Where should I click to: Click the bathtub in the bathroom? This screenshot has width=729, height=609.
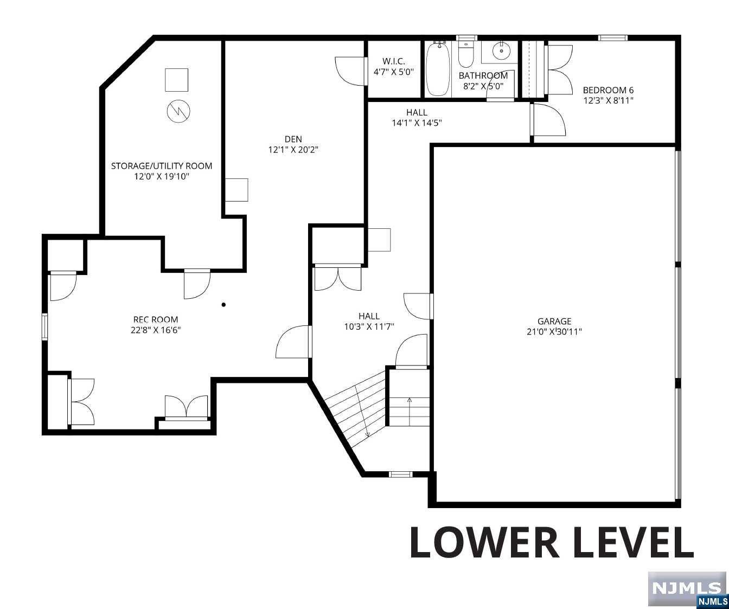(438, 69)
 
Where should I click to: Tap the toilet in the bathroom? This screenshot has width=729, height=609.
(466, 55)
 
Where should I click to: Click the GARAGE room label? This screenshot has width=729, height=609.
(554, 321)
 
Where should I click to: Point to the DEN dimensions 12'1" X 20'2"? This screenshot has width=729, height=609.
(293, 150)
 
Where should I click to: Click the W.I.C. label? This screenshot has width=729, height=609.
(394, 61)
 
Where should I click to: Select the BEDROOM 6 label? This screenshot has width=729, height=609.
(608, 90)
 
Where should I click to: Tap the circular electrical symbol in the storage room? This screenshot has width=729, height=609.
(178, 111)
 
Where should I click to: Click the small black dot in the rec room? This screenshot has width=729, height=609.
(223, 305)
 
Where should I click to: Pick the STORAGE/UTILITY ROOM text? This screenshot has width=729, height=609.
(162, 166)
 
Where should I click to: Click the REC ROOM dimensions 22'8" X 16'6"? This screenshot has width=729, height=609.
(156, 330)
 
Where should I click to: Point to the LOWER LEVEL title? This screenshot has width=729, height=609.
(551, 543)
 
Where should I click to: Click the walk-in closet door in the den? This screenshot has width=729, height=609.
(350, 71)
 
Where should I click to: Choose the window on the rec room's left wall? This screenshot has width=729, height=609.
(44, 326)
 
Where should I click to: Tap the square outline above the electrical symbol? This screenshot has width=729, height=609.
(176, 80)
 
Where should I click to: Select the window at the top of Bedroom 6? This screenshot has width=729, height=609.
(612, 38)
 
